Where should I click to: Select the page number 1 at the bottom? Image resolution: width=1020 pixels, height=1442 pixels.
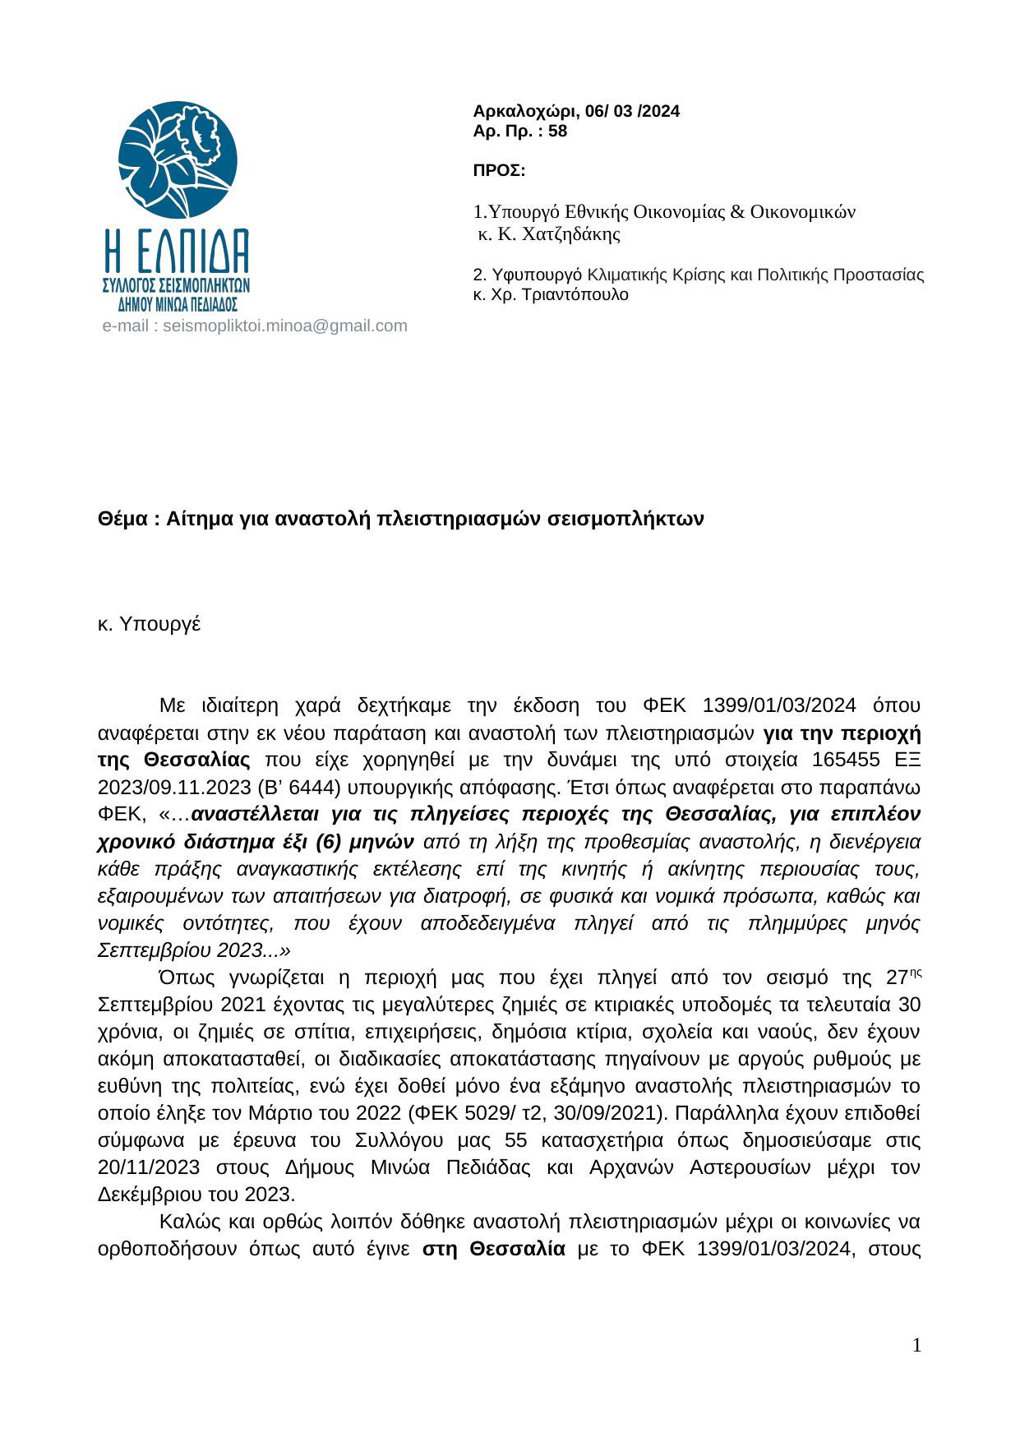coord(916,1345)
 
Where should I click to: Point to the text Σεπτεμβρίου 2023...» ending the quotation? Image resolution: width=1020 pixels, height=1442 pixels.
coord(194,950)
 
